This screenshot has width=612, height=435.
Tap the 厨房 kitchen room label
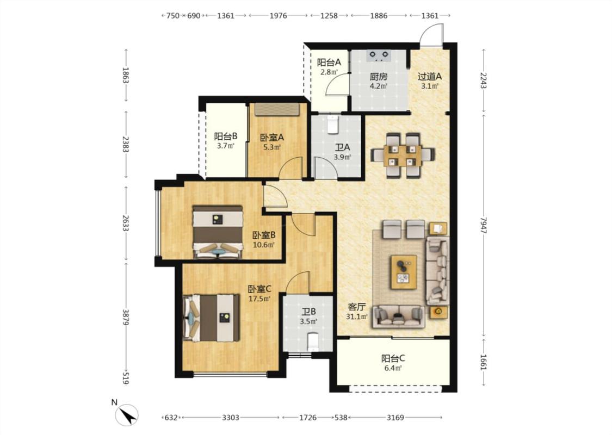[379, 77]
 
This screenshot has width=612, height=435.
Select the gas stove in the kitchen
[379, 56]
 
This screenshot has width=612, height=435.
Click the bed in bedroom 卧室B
[218, 232]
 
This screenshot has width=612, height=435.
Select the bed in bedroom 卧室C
[211, 318]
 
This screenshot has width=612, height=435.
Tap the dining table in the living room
[403, 155]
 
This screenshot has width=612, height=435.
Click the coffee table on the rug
[404, 272]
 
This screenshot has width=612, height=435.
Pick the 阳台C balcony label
[393, 358]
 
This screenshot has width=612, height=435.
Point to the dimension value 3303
[231, 418]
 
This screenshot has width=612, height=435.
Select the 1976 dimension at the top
[279, 16]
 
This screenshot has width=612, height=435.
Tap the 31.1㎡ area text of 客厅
[357, 316]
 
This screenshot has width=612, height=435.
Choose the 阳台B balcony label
[226, 136]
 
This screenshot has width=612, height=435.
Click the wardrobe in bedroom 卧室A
[277, 110]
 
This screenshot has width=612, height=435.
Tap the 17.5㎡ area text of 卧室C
[259, 299]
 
